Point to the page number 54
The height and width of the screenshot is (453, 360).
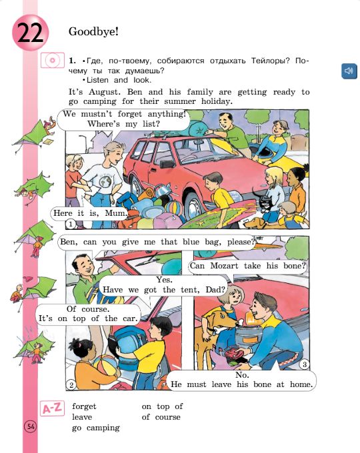30,426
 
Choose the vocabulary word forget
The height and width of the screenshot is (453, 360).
85,406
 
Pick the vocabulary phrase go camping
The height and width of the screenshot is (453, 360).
96,428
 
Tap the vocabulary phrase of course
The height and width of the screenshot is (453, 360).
161,417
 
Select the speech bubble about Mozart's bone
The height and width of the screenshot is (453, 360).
248,267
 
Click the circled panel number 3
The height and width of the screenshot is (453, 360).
304,364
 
